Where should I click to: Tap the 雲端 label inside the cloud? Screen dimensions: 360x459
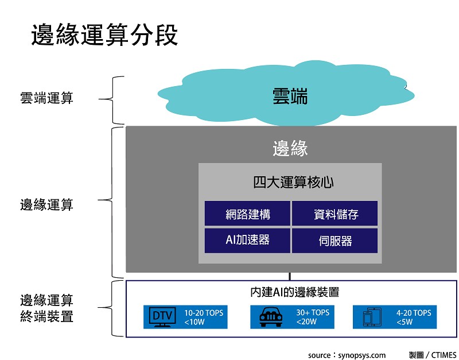click(x=290, y=96)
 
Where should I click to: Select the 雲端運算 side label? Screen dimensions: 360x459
click(x=46, y=98)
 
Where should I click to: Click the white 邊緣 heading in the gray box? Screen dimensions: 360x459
click(x=290, y=149)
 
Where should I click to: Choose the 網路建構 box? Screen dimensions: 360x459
click(x=248, y=214)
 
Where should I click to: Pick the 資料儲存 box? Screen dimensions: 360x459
click(x=335, y=214)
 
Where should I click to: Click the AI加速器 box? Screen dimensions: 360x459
click(x=248, y=240)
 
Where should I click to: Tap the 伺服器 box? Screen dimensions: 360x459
click(x=335, y=240)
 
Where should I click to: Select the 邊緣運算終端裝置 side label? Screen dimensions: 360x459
click(x=46, y=308)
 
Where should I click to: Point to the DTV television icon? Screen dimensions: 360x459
click(x=162, y=317)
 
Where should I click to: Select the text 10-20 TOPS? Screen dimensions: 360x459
click(x=203, y=313)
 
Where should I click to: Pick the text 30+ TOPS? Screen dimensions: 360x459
click(x=312, y=313)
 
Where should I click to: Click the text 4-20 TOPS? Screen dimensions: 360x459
click(x=413, y=313)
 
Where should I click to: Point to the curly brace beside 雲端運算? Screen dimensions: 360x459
click(x=115, y=99)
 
